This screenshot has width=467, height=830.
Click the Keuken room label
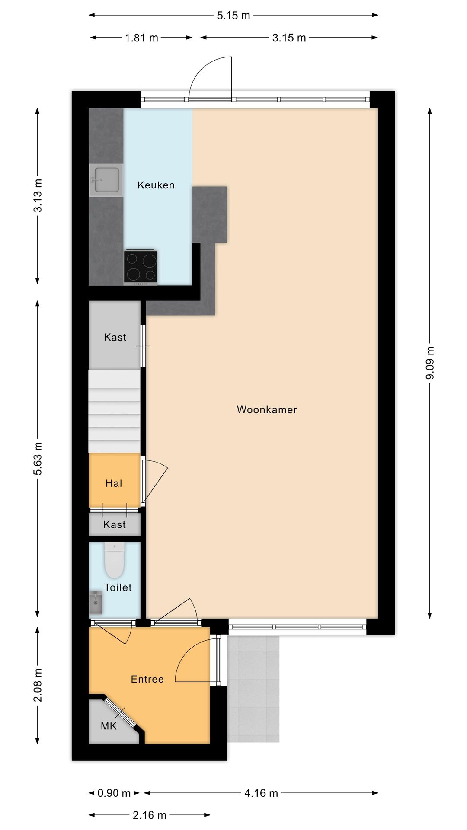[x=156, y=185]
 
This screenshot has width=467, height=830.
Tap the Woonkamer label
[x=267, y=409]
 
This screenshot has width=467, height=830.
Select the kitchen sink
[x=106, y=180]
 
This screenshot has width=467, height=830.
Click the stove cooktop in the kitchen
[x=141, y=267]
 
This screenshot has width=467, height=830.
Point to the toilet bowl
[x=115, y=561]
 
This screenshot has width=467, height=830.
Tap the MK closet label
[x=109, y=726]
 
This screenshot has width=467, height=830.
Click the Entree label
[x=147, y=679]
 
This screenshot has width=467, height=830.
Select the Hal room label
[x=114, y=483]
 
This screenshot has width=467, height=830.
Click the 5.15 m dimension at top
[x=233, y=16]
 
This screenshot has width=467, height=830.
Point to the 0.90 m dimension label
[x=114, y=793]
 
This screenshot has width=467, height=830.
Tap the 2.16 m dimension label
[x=149, y=815]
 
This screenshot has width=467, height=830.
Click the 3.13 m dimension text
[x=38, y=195]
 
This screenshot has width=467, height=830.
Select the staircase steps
[x=115, y=411]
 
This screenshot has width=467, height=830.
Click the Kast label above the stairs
[x=115, y=337]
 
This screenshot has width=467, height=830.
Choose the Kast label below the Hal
[x=115, y=524]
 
